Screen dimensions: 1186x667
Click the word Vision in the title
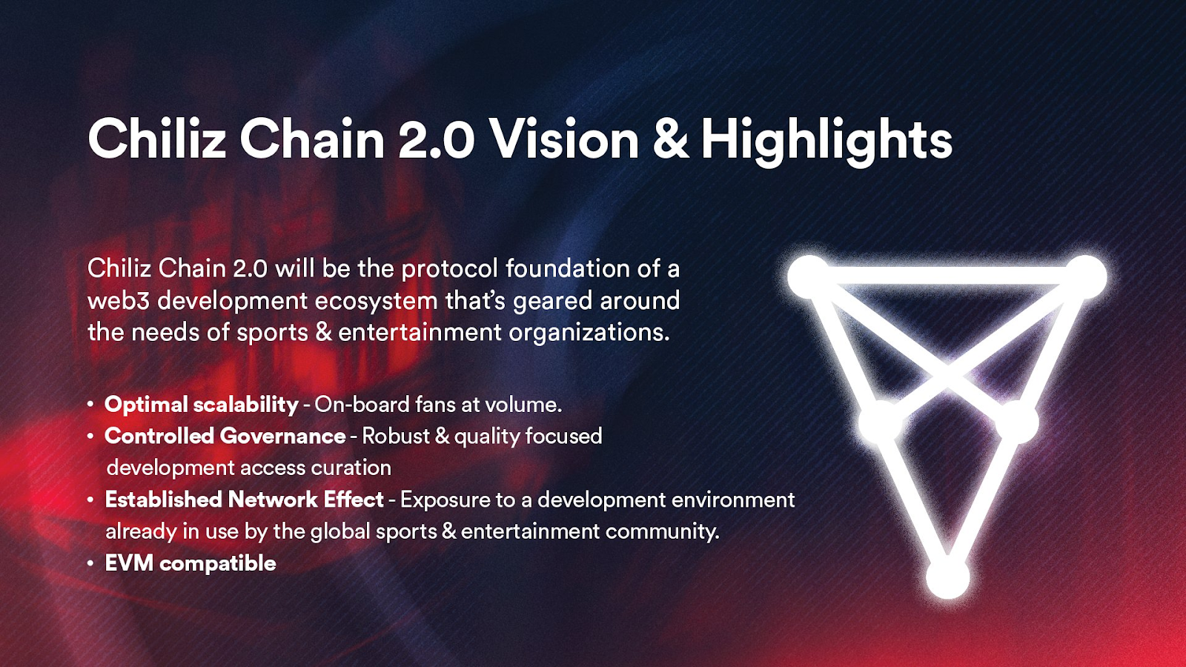(x=565, y=139)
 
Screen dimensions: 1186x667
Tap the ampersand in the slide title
(x=671, y=139)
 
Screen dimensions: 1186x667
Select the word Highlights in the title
(x=826, y=140)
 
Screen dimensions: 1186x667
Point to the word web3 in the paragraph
(x=119, y=301)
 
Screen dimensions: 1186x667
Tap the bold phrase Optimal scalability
(x=201, y=405)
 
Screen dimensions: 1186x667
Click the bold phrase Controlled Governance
(x=225, y=437)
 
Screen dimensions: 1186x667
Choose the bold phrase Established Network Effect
(x=244, y=500)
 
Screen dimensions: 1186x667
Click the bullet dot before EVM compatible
(x=90, y=564)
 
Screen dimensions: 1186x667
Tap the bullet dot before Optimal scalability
(x=90, y=405)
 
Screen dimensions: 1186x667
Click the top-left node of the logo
(x=809, y=276)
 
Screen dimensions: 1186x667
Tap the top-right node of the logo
(x=1085, y=276)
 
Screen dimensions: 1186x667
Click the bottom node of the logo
(x=948, y=578)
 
